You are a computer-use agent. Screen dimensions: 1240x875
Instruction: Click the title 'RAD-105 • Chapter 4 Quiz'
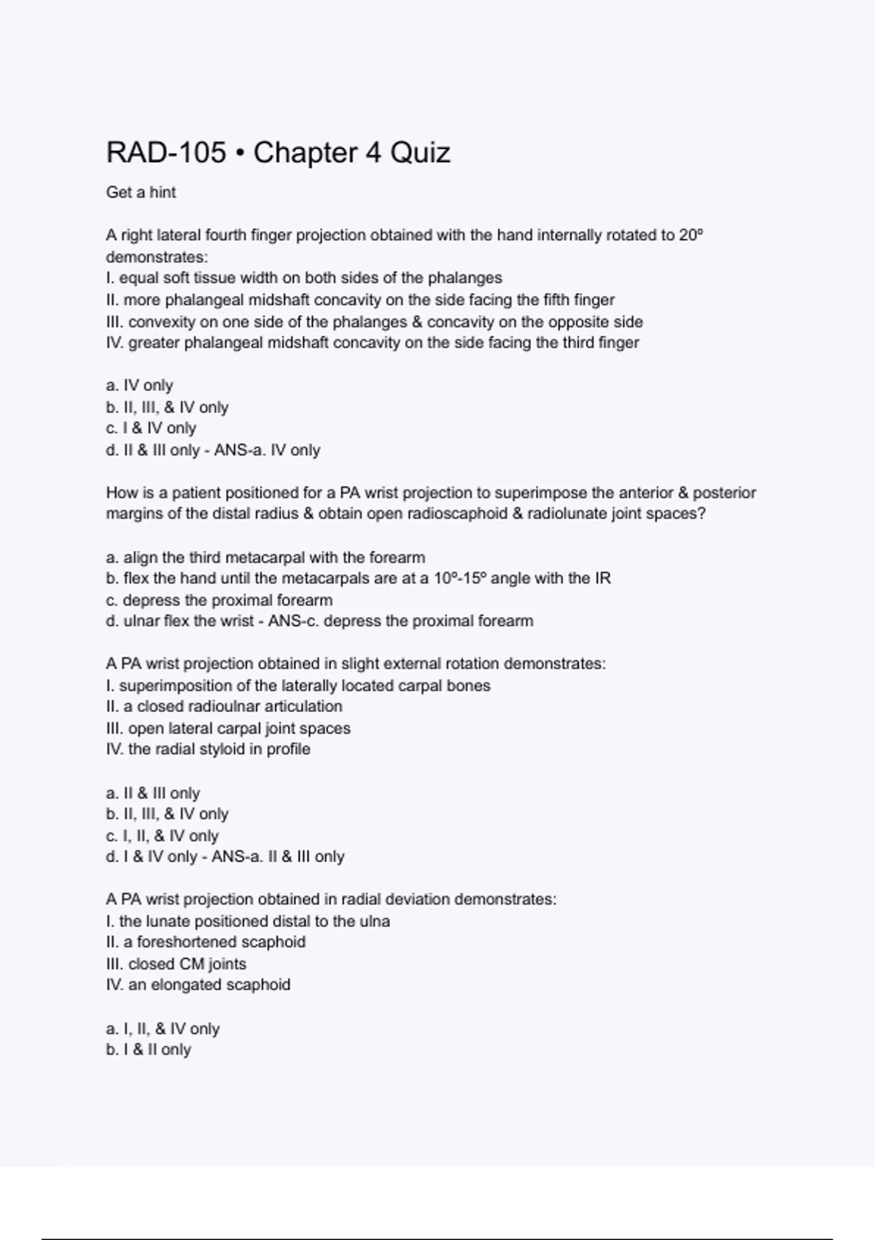(278, 152)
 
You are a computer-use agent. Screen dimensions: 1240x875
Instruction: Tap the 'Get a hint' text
(141, 192)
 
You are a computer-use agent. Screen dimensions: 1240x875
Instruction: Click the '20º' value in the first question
(691, 235)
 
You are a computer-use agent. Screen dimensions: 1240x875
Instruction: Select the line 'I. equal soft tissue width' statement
(303, 278)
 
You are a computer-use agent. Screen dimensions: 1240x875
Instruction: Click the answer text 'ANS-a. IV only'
(267, 450)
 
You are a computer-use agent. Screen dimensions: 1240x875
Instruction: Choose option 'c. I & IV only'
(151, 428)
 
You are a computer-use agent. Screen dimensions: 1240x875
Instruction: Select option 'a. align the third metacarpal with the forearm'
(265, 557)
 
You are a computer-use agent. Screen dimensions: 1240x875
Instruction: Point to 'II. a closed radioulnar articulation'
(224, 706)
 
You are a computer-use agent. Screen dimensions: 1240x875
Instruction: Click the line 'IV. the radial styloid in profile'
(208, 749)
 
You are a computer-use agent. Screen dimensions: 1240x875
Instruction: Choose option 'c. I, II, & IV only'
(162, 835)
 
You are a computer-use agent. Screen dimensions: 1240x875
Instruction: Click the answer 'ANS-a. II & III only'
(278, 856)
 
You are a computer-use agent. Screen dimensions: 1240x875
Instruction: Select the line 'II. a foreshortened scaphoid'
(206, 942)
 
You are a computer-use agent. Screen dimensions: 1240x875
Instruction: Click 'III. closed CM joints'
(176, 964)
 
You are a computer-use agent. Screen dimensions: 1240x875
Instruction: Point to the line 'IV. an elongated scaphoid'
(198, 985)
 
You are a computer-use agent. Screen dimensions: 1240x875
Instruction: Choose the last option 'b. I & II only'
(148, 1050)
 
